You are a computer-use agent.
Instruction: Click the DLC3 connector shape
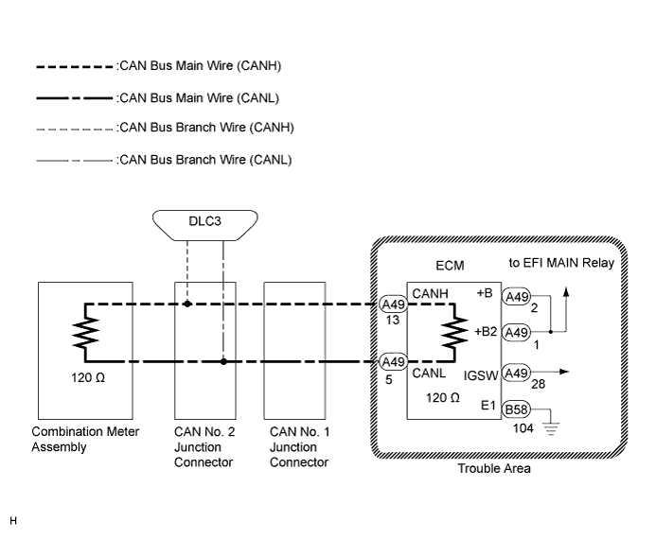205,226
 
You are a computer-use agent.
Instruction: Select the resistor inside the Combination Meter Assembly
86,333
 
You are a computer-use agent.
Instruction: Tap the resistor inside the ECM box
454,333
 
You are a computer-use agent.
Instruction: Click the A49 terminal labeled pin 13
393,304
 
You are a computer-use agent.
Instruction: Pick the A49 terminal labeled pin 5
393,362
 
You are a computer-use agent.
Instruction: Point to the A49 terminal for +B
516,297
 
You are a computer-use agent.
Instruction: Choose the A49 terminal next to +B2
516,332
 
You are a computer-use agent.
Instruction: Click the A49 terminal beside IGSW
516,373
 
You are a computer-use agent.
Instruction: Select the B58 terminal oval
516,409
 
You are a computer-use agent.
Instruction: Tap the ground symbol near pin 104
551,428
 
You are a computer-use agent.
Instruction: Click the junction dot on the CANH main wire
187,304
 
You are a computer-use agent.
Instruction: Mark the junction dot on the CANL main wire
223,361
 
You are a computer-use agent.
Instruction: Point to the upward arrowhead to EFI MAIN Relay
566,291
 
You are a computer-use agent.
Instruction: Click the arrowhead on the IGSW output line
564,372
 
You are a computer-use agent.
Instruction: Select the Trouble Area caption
494,468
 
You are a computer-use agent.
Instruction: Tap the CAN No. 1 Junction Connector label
299,446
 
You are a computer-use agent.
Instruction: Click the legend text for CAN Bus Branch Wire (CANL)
205,160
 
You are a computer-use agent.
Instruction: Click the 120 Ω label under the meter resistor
88,377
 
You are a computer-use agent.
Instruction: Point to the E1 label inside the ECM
488,406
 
